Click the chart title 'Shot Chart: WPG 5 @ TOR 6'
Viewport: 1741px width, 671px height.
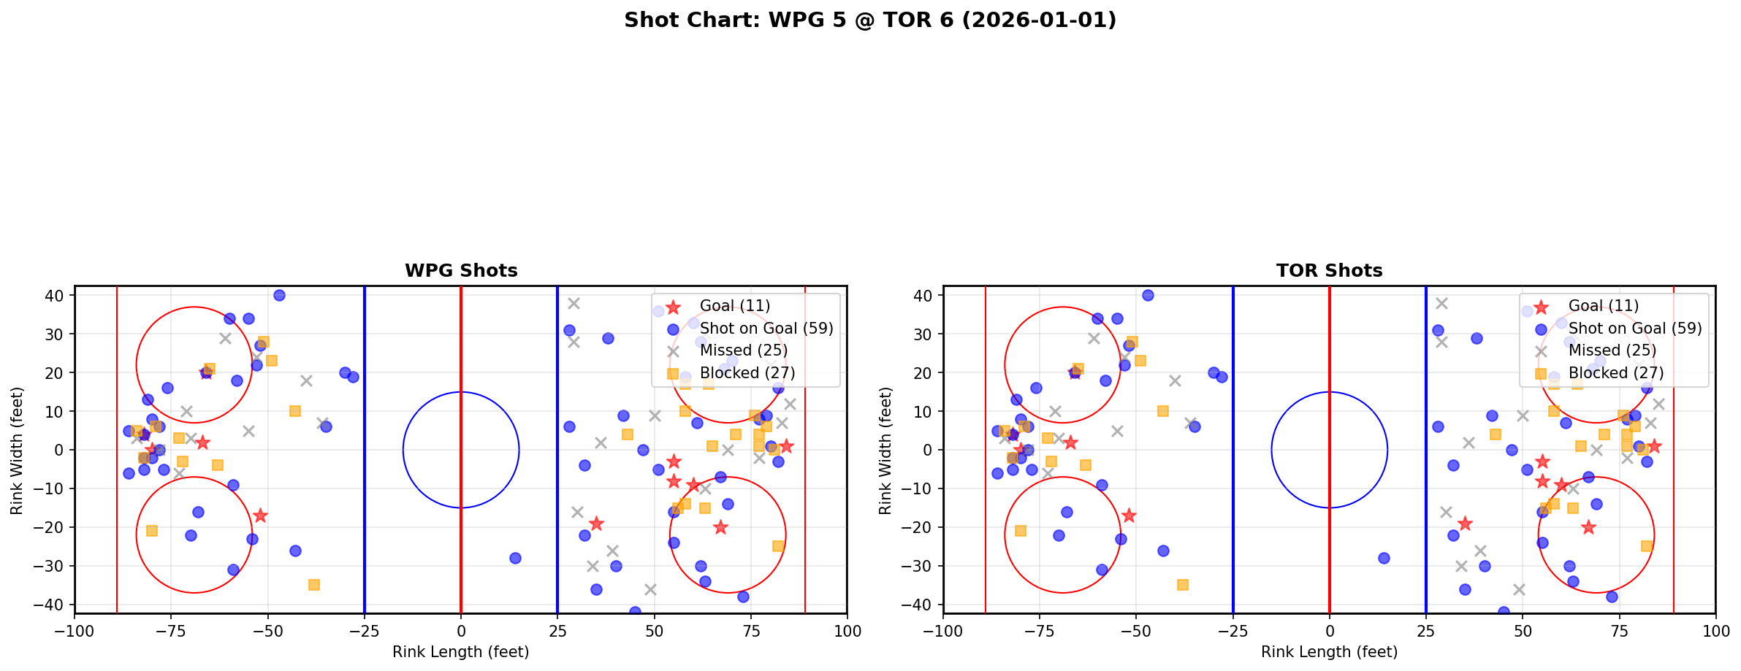[869, 20]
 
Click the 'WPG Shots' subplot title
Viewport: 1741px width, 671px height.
[461, 271]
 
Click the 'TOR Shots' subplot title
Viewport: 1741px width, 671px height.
[1329, 271]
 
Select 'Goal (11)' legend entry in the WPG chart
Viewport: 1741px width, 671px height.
[734, 306]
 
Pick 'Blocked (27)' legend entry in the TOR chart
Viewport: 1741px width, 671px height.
[1615, 373]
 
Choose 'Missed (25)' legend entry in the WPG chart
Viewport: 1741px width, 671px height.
[743, 350]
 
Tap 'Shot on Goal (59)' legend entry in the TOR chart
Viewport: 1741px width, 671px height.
[1634, 329]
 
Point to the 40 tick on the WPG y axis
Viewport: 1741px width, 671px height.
[58, 296]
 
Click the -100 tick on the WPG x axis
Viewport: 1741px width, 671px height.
[75, 631]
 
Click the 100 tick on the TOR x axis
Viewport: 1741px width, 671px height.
[1715, 631]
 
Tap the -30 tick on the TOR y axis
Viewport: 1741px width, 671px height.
[923, 566]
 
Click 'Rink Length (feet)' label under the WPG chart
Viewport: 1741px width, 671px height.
[460, 652]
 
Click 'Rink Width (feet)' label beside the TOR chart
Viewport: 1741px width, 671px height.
[885, 450]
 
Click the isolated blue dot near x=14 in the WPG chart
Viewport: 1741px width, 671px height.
[515, 558]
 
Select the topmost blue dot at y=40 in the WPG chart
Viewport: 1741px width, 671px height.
[279, 296]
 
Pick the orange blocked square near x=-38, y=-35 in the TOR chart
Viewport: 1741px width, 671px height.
[1183, 585]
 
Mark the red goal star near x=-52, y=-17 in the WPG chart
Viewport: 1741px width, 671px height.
[260, 515]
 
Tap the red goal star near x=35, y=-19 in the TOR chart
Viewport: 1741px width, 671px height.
[1465, 524]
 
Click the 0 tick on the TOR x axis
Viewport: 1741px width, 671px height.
[1329, 631]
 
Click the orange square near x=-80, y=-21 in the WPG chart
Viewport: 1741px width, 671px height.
[152, 531]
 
